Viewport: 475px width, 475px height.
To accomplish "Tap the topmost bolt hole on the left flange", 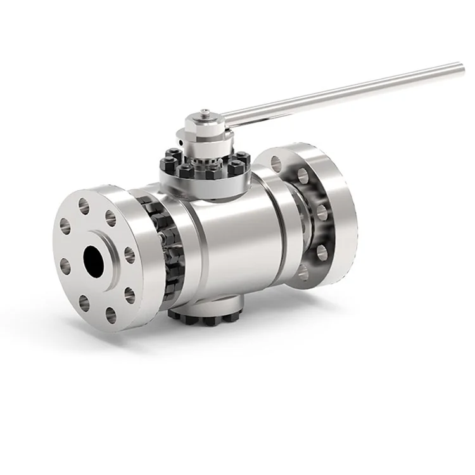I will click(84, 205).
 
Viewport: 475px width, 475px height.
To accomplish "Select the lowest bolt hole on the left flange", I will click(111, 315).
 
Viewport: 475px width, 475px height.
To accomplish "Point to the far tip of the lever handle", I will click(460, 65).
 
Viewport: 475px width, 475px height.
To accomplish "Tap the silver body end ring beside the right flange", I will click(279, 222).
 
